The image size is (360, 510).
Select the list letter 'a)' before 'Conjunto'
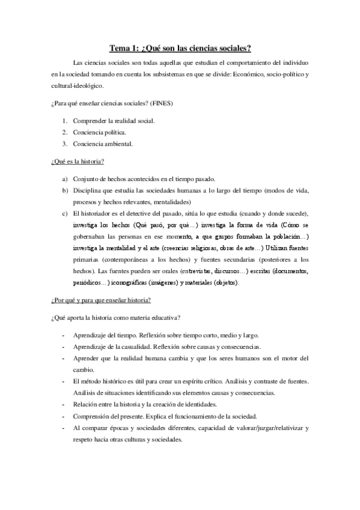[65, 179]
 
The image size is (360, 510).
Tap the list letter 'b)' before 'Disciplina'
[65, 191]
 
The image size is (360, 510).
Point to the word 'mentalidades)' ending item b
[172, 202]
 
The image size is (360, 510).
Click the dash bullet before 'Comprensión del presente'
[64, 416]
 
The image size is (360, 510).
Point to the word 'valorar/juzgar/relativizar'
[263, 428]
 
